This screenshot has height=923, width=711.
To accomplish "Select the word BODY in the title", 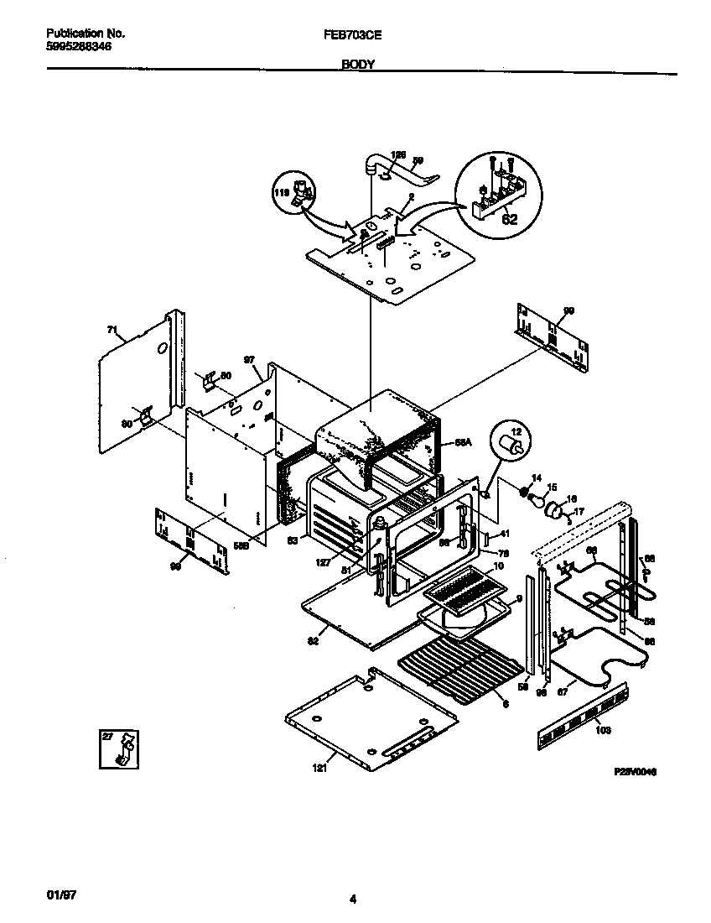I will click(x=357, y=64).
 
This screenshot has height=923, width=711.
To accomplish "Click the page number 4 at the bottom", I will click(x=353, y=900).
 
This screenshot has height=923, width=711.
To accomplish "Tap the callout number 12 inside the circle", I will click(x=516, y=431).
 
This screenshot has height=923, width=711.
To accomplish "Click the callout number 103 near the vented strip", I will click(x=602, y=730).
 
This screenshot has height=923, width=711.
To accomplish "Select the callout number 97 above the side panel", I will click(x=249, y=360).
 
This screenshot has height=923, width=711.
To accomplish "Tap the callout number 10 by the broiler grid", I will click(x=498, y=566).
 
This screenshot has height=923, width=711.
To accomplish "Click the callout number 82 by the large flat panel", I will click(x=314, y=639).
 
